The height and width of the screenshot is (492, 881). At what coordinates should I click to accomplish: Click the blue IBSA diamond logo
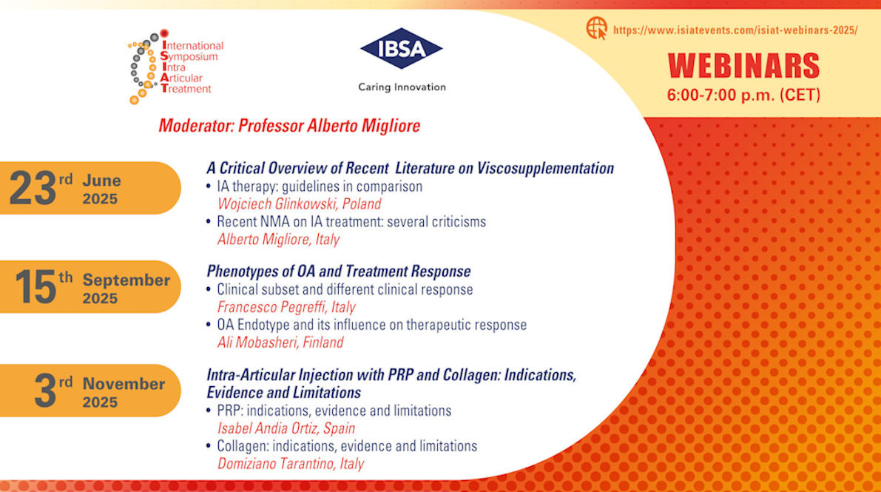pyautogui.click(x=401, y=49)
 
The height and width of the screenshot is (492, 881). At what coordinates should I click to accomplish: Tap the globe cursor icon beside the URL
pyautogui.click(x=596, y=29)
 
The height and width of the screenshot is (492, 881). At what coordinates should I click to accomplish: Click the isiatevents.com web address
pyautogui.click(x=735, y=30)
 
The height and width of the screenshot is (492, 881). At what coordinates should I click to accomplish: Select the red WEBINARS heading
pyautogui.click(x=743, y=66)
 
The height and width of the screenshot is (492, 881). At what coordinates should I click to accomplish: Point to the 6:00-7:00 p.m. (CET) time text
pyautogui.click(x=743, y=95)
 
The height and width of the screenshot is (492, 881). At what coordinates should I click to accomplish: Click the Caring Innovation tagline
pyautogui.click(x=402, y=87)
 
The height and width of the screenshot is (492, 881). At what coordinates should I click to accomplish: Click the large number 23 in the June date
pyautogui.click(x=33, y=189)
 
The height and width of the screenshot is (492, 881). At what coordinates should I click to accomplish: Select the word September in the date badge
pyautogui.click(x=126, y=280)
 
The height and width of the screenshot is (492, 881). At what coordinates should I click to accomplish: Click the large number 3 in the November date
pyautogui.click(x=46, y=391)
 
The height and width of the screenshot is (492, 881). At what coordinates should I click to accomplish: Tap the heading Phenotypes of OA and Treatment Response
pyautogui.click(x=339, y=272)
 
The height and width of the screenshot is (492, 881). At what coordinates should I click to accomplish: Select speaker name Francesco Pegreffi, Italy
pyautogui.click(x=286, y=307)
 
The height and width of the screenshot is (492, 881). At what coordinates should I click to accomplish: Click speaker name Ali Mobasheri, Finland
pyautogui.click(x=280, y=343)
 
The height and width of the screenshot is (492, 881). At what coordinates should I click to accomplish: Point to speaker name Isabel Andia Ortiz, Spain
pyautogui.click(x=286, y=428)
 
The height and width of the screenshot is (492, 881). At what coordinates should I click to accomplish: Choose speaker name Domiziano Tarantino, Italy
pyautogui.click(x=291, y=464)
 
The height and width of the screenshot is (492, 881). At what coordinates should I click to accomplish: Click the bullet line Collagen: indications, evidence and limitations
pyautogui.click(x=346, y=446)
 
